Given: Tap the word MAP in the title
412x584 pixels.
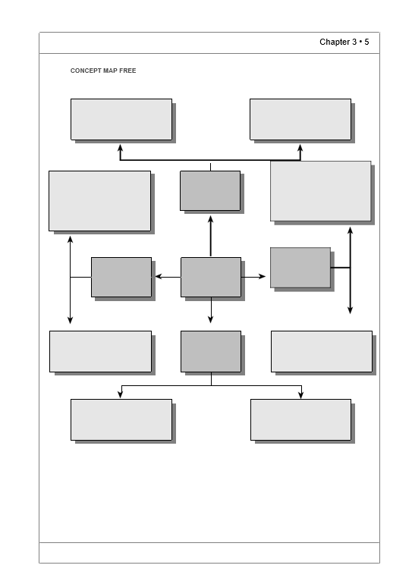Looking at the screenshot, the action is tap(110, 71).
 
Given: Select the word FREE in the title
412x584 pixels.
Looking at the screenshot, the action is tap(127, 71).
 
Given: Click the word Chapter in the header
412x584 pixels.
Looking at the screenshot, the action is tap(332, 42).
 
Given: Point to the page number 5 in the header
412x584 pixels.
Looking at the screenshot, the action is tap(366, 42).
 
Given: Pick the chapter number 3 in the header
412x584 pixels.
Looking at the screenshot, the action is tap(354, 42).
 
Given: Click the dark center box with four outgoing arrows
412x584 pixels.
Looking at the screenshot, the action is tap(211, 277).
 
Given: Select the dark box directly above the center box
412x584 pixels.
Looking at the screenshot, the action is tap(210, 190).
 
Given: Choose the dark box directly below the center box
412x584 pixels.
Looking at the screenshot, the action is tap(211, 351).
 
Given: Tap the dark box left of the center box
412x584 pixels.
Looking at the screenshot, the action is tap(121, 277).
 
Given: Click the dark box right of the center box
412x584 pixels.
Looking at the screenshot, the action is tap(300, 268).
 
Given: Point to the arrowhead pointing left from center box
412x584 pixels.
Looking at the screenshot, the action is tap(159, 276).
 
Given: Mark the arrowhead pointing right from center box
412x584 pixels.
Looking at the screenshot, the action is tap(263, 276).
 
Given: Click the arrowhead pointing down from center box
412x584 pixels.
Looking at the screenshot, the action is tap(210, 319).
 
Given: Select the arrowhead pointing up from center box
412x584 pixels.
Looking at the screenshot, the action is tap(210, 219).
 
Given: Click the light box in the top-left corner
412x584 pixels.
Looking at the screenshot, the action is tap(121, 120).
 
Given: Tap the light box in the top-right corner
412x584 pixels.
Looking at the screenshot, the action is tap(300, 120).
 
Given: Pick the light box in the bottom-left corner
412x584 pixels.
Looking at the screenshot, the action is tap(121, 419).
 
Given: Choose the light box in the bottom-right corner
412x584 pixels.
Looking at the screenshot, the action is tap(300, 419).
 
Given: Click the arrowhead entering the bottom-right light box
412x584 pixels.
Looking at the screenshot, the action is tap(301, 394).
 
